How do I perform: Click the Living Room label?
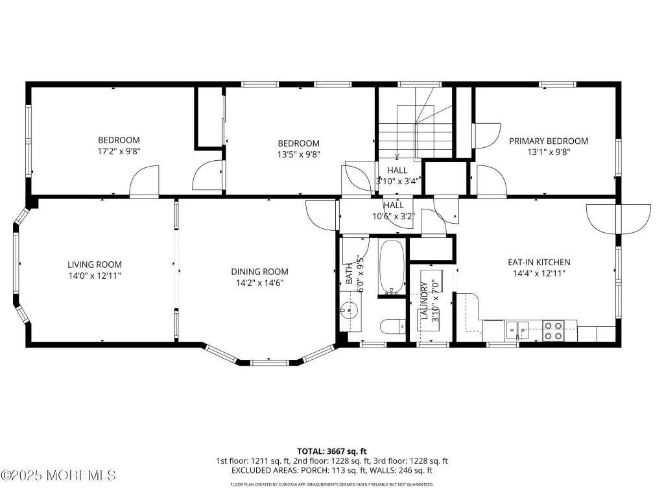[95, 265]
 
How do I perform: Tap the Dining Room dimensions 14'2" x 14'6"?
[259, 283]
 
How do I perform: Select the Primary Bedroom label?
[549, 141]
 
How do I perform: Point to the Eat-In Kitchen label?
[539, 262]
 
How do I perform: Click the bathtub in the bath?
[392, 267]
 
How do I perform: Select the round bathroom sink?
[350, 311]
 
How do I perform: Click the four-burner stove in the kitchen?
[554, 331]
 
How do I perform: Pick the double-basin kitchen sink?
[517, 330]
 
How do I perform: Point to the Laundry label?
[424, 300]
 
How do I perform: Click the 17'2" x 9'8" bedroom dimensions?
[119, 151]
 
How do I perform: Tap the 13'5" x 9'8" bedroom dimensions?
[298, 154]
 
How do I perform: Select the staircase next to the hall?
[415, 123]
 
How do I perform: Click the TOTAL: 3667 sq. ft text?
[331, 451]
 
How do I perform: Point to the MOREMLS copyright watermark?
[58, 475]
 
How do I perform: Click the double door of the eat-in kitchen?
[618, 219]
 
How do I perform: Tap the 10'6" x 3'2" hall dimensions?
[394, 217]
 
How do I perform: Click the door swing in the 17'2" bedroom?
[144, 181]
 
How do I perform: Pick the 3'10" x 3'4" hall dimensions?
[397, 182]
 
